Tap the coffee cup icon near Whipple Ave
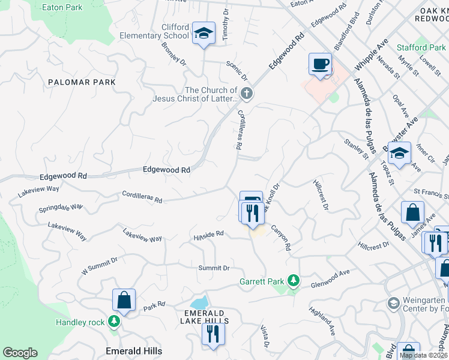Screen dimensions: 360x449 tap(320, 63)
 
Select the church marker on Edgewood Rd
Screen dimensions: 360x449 tap(246, 93)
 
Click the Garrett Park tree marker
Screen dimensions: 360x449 tap(293, 280)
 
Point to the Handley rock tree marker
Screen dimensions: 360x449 tap(113, 322)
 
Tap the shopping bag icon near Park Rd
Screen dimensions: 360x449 tap(124, 300)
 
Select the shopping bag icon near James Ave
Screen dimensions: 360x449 tap(413, 212)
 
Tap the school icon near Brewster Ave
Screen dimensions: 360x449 tap(399, 154)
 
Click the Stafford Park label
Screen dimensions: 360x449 tap(420, 47)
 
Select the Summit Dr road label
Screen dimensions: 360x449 tap(214, 268)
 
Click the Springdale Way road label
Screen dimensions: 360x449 tap(61, 208)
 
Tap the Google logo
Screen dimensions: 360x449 tap(20, 353)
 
